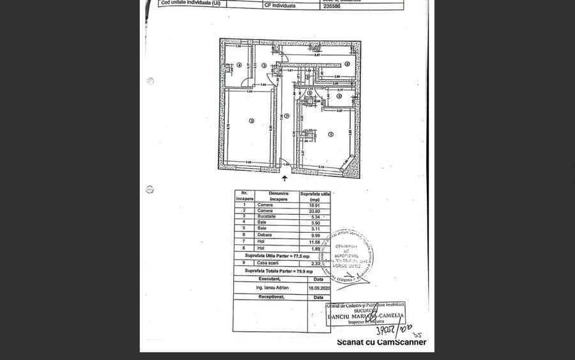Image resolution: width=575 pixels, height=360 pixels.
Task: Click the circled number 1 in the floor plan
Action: (331, 134)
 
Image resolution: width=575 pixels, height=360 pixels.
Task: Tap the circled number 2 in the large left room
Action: (252, 121)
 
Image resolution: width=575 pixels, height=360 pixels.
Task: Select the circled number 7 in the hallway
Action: (287, 116)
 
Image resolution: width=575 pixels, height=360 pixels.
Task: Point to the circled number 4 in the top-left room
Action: (239, 65)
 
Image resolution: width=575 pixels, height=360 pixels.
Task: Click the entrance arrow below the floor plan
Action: (285, 178)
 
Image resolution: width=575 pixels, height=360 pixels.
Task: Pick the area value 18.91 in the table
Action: (314, 205)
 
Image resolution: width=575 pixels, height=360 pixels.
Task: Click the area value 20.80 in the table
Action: (314, 211)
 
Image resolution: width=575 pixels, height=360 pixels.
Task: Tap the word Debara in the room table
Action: (264, 234)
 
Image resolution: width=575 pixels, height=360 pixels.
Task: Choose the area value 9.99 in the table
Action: (314, 234)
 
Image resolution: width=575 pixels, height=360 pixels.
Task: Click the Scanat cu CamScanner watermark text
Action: (381, 342)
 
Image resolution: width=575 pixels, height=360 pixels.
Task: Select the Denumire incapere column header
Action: (279, 196)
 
